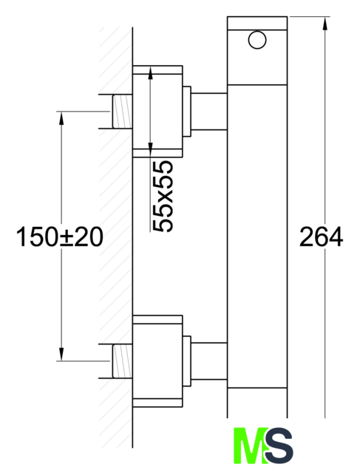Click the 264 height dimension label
321,236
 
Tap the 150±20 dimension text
59,237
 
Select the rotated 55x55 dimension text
163,197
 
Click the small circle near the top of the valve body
257,40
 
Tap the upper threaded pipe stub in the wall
122,112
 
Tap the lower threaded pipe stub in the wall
122,361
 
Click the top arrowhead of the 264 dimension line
325,23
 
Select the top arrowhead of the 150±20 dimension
61,118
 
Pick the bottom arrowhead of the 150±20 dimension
61,354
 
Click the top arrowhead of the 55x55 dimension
150,72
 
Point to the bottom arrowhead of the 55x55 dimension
150,151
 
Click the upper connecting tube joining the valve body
208,112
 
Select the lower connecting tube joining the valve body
208,361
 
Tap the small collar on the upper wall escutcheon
187,112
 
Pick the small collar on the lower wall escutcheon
187,361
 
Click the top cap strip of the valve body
257,23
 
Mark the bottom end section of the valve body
257,403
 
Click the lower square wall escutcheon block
157,361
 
